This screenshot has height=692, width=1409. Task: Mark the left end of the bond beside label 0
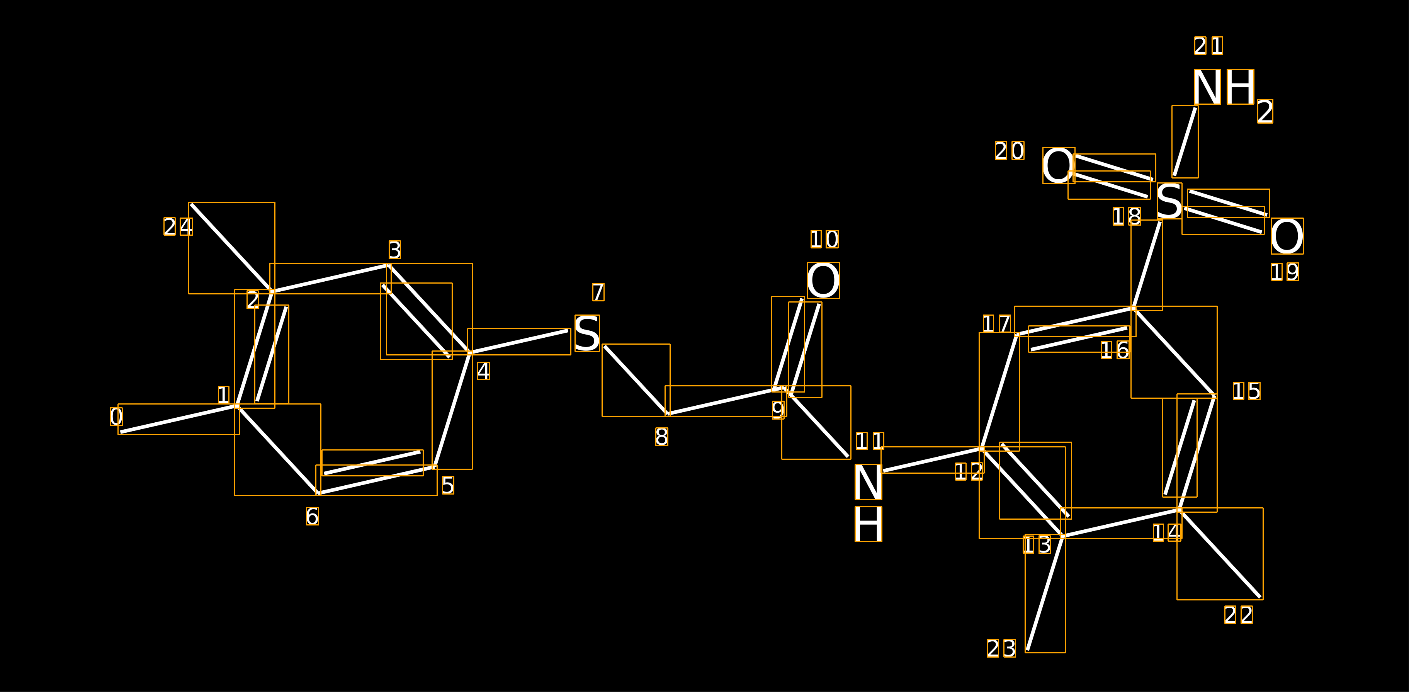point(121,432)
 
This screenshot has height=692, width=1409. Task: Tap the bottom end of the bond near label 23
point(1028,650)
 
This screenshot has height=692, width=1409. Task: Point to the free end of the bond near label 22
point(1260,597)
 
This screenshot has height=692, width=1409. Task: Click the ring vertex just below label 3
point(388,266)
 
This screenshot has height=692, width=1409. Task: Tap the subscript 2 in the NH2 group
point(1265,112)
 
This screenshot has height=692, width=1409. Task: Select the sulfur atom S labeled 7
point(587,333)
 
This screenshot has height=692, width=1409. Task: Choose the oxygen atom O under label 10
point(823,281)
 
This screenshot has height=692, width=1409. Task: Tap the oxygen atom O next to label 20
point(1058,165)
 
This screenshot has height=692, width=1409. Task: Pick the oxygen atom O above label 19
point(1287,236)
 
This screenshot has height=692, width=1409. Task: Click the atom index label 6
point(312,516)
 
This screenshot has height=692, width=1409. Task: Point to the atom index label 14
point(1167,532)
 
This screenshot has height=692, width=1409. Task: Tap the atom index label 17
point(997,324)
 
